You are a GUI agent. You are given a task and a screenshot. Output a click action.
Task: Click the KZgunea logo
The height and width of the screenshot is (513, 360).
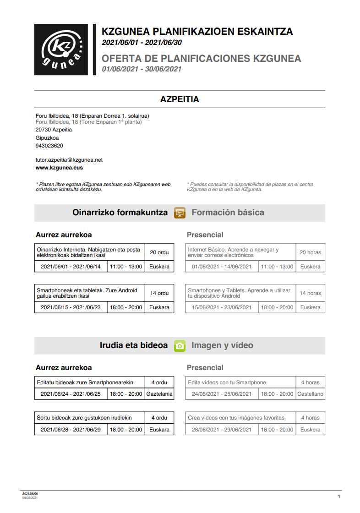[x=61, y=49]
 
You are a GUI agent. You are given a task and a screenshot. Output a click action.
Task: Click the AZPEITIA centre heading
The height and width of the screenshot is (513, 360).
[x=180, y=99]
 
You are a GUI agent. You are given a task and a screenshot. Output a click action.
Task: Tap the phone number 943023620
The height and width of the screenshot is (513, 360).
[x=49, y=146]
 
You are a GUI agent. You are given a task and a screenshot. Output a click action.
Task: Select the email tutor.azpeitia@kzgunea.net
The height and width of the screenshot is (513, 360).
[x=69, y=160]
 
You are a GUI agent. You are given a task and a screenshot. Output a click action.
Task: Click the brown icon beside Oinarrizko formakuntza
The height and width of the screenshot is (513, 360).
[x=180, y=213]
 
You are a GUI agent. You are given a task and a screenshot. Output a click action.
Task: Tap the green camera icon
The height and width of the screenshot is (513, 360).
[x=180, y=346]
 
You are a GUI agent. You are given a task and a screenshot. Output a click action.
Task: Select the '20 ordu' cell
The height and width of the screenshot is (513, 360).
[x=159, y=252]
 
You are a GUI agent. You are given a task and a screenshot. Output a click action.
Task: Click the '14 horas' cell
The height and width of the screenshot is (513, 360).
[x=310, y=293]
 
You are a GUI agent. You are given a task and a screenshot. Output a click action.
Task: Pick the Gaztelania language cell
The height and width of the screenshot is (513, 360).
[x=159, y=394]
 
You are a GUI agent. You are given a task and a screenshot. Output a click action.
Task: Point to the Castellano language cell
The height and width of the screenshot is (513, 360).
[x=310, y=394]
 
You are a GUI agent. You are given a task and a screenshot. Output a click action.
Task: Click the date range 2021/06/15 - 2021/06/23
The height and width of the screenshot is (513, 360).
[x=71, y=307]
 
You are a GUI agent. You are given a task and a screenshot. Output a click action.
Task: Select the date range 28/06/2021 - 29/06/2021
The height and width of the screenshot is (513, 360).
[x=222, y=430]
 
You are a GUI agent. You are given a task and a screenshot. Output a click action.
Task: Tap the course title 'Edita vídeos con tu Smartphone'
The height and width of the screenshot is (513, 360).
[x=227, y=382]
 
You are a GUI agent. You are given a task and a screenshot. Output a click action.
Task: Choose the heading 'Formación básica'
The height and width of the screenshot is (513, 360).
[x=228, y=213]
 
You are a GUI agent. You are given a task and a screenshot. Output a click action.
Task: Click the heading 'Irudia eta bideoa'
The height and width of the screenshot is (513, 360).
[x=134, y=345]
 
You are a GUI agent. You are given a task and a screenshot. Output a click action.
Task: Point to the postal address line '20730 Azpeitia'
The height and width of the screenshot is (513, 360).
[x=54, y=130]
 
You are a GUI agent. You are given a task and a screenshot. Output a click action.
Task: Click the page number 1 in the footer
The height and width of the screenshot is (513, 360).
[x=338, y=497]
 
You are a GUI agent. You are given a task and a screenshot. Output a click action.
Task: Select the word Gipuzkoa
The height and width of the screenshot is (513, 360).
[x=47, y=138]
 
